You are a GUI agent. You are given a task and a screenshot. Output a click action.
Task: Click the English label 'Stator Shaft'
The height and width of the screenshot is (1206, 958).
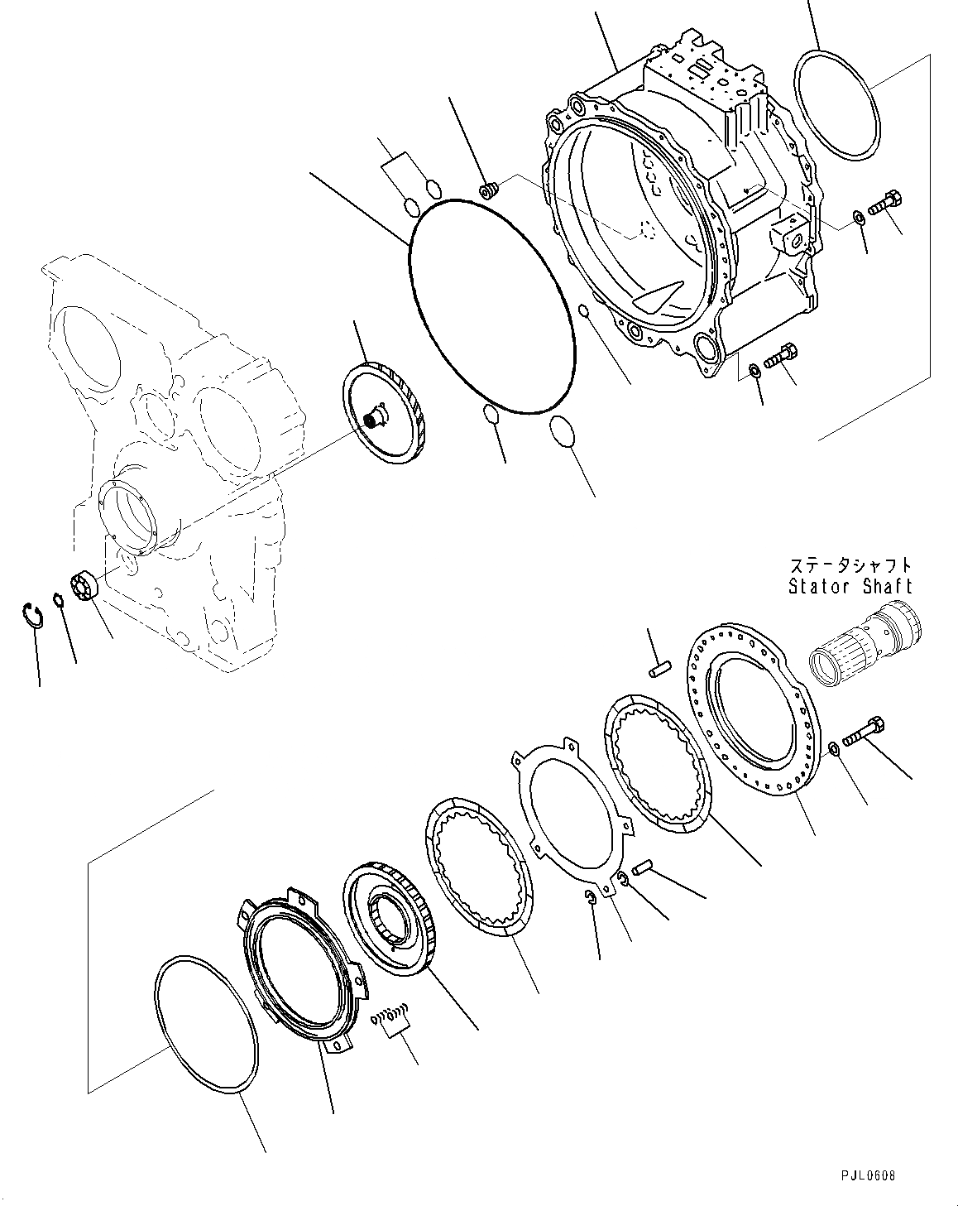[x=850, y=586]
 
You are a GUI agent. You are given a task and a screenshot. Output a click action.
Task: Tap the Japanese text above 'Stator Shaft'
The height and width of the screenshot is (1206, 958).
[x=850, y=566]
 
